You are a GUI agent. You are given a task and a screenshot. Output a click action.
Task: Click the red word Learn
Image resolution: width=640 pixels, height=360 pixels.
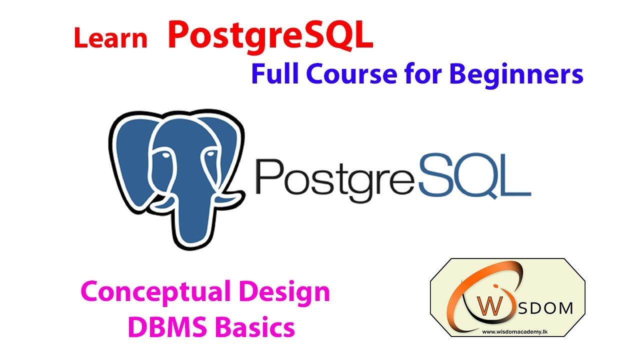coord(110,38)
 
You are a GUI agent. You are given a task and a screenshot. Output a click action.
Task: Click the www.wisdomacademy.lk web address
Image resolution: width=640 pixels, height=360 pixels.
coord(507,331)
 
